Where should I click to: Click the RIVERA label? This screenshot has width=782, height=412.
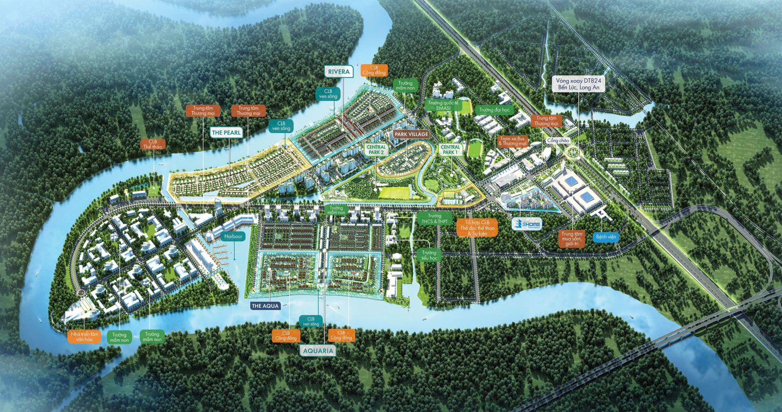click(339, 71)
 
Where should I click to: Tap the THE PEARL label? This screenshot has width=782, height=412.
click(226, 132)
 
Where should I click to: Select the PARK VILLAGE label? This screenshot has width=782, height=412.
click(412, 134)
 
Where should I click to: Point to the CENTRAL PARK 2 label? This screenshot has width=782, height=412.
click(376, 150)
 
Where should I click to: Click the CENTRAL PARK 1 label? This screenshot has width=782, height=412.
click(450, 150)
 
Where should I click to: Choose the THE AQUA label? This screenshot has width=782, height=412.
click(265, 306)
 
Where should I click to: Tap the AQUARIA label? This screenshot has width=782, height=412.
click(318, 350)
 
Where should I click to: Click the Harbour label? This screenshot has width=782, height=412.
click(233, 236)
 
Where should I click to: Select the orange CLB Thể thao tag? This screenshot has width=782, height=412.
click(153, 144)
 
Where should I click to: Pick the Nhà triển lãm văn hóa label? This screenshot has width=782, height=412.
click(85, 337)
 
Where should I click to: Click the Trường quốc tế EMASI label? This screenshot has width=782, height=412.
click(443, 106)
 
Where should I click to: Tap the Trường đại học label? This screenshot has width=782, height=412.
click(494, 110)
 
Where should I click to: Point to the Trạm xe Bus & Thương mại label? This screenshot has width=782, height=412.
click(512, 141)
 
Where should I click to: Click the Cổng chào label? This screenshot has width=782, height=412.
click(558, 140)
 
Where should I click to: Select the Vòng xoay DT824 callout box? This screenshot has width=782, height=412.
click(579, 84)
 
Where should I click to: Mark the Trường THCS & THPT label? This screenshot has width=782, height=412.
click(434, 218)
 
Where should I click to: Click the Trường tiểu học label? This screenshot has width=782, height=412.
click(429, 256)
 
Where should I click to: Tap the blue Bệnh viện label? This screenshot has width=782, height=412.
click(606, 237)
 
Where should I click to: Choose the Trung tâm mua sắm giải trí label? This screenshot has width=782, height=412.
click(572, 239)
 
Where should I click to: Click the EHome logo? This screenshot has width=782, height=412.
click(527, 224)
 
